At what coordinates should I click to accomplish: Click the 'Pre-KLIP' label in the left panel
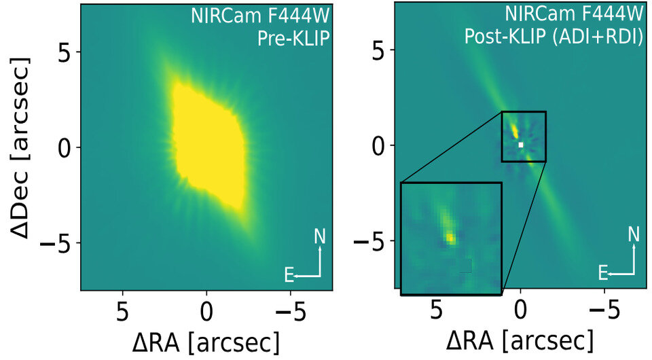coord(293,39)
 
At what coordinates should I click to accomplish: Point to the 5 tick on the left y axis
coord(65,52)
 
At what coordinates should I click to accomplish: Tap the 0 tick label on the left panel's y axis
coord(65,147)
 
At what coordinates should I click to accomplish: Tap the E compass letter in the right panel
coord(602,274)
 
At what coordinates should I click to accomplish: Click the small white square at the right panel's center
coord(521,145)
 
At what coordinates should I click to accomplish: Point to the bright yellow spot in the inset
coord(450,238)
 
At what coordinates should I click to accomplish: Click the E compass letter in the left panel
coord(289,274)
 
